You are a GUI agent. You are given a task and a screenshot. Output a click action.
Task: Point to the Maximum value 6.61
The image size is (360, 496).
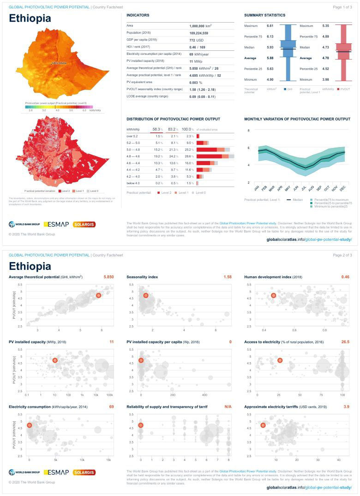[270, 25]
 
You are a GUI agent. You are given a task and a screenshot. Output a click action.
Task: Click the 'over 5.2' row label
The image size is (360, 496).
[132, 137]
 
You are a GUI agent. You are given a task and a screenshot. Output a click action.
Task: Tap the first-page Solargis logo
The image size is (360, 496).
[84, 224]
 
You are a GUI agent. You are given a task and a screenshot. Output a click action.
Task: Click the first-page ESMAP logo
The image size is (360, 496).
[56, 224]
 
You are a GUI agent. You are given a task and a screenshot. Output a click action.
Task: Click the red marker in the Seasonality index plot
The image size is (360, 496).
[146, 295]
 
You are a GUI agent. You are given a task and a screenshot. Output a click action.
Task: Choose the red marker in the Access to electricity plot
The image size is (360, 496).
[280, 360]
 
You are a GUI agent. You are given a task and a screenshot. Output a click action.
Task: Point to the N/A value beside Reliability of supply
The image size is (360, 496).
[228, 406]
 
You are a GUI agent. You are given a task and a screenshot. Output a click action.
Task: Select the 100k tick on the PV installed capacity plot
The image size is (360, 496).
[110, 395]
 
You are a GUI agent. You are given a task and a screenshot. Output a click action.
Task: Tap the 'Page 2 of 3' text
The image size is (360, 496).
[342, 255]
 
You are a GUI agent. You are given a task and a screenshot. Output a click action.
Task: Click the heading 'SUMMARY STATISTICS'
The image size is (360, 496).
[264, 15]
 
